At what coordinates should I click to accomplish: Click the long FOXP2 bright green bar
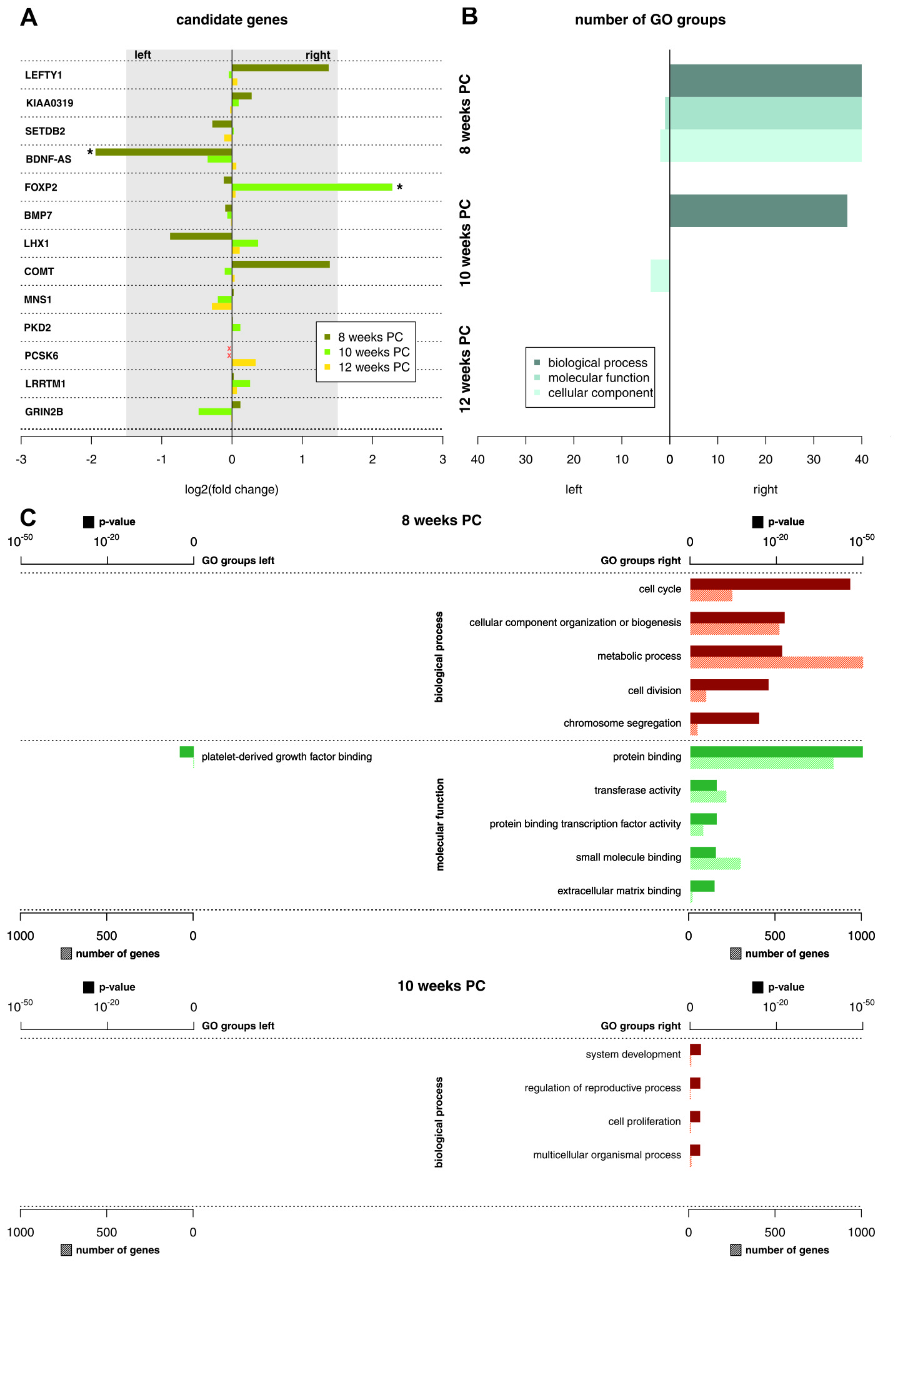pyautogui.click(x=312, y=187)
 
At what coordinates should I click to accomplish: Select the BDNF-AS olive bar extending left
pyautogui.click(x=163, y=152)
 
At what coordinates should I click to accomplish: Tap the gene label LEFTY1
pyautogui.click(x=44, y=76)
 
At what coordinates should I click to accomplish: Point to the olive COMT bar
pyautogui.click(x=281, y=265)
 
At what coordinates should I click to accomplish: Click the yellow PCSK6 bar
pyautogui.click(x=244, y=363)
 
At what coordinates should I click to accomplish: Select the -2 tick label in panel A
pyautogui.click(x=91, y=460)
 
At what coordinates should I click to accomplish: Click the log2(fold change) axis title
pyautogui.click(x=231, y=490)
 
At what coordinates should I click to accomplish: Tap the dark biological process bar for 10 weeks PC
pyautogui.click(x=758, y=211)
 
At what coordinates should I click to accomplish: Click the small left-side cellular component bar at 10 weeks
pyautogui.click(x=660, y=276)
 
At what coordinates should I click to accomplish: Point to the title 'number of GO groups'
pyautogui.click(x=650, y=20)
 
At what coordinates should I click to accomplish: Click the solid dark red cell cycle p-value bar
pyautogui.click(x=770, y=584)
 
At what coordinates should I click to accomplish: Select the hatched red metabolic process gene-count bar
pyautogui.click(x=776, y=663)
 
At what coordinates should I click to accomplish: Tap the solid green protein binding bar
pyautogui.click(x=776, y=752)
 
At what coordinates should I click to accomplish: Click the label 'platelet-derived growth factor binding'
pyautogui.click(x=287, y=757)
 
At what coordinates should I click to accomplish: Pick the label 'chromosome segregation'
pyautogui.click(x=622, y=723)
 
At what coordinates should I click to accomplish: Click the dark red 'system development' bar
pyautogui.click(x=696, y=1049)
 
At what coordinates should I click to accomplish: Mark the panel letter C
pyautogui.click(x=28, y=518)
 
